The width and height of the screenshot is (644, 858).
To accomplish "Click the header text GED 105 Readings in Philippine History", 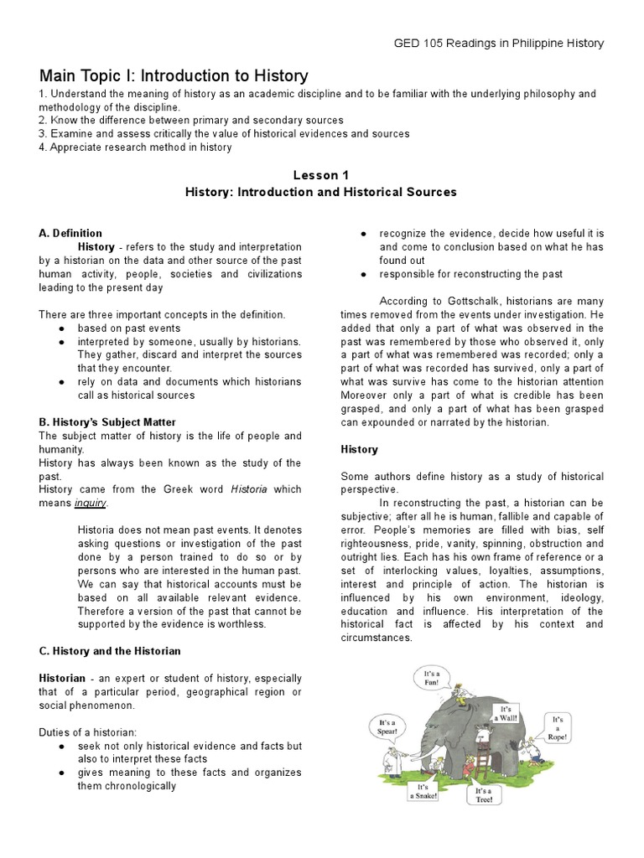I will pyautogui.click(x=498, y=44).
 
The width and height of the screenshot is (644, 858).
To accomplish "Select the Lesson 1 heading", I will pyautogui.click(x=320, y=175).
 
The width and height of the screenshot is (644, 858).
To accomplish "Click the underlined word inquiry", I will pyautogui.click(x=91, y=503).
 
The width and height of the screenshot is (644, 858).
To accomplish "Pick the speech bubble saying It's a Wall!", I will pyautogui.click(x=508, y=713).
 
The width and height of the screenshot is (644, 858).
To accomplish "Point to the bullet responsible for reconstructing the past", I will pyautogui.click(x=470, y=274).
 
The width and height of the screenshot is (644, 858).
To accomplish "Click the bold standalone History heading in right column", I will pyautogui.click(x=359, y=449).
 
